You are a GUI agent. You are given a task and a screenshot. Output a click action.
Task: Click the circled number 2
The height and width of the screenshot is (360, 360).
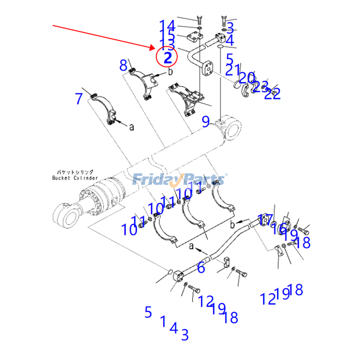pos(167,57)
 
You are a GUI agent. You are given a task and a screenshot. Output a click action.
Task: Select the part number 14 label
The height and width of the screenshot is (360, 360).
pos(167,25)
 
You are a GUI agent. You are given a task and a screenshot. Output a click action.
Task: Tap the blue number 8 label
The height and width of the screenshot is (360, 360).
pos(123,66)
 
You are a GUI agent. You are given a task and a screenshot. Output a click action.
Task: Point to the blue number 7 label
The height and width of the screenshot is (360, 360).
pos(79,99)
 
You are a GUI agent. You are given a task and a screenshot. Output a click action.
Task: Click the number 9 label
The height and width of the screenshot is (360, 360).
pos(205,121)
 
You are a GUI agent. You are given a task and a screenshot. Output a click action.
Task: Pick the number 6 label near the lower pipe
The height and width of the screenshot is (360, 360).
pos(201,268)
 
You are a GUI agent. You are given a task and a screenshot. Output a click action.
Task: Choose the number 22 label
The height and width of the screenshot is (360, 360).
pos(273,94)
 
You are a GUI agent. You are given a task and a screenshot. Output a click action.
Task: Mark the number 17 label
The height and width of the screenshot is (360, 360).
pos(265,220)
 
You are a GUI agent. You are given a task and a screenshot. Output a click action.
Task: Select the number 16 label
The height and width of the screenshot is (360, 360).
pos(278,229)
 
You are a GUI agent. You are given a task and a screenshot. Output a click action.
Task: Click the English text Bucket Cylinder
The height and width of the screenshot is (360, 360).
pos(75,178)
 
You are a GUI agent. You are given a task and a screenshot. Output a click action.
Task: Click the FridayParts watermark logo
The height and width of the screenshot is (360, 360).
pos(180,180)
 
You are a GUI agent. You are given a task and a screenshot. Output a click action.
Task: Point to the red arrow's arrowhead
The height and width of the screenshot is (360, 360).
pos(154,47)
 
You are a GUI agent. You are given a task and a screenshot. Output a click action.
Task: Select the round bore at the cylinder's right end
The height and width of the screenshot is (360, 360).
pos(233,130)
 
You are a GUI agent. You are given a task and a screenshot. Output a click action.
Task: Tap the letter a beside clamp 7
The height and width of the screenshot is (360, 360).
pos(131,127)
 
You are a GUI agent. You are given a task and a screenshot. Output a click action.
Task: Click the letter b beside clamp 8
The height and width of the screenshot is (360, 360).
pos(171,72)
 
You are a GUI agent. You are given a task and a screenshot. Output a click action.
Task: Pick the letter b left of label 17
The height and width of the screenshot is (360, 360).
pos(232,224)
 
